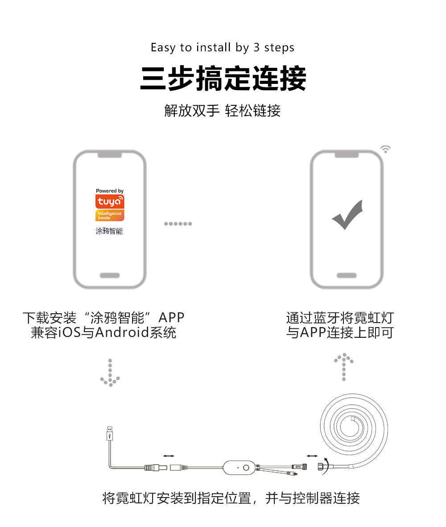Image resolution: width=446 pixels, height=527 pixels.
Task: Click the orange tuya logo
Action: pyautogui.click(x=110, y=202)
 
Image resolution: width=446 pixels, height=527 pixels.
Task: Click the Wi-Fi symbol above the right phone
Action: pyautogui.click(x=385, y=149)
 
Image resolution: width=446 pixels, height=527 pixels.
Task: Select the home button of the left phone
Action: pyautogui.click(x=110, y=275)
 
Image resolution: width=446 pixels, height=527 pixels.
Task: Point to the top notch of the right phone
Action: pyautogui.click(x=347, y=154)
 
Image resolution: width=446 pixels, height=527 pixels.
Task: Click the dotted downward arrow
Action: pyautogui.click(x=110, y=373)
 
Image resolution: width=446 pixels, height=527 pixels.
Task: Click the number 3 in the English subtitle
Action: pyautogui.click(x=256, y=47)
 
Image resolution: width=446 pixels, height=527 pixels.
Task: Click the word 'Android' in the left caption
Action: pyautogui.click(x=123, y=332)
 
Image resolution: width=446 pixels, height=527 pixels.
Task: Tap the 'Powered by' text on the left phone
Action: pyautogui.click(x=110, y=191)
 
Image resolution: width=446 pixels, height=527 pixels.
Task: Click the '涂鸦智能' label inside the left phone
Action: pyautogui.click(x=109, y=231)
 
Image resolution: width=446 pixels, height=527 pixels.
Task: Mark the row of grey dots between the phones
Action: pyautogui.click(x=178, y=224)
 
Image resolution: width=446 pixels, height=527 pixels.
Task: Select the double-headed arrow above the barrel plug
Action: pyautogui.click(x=169, y=456)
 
